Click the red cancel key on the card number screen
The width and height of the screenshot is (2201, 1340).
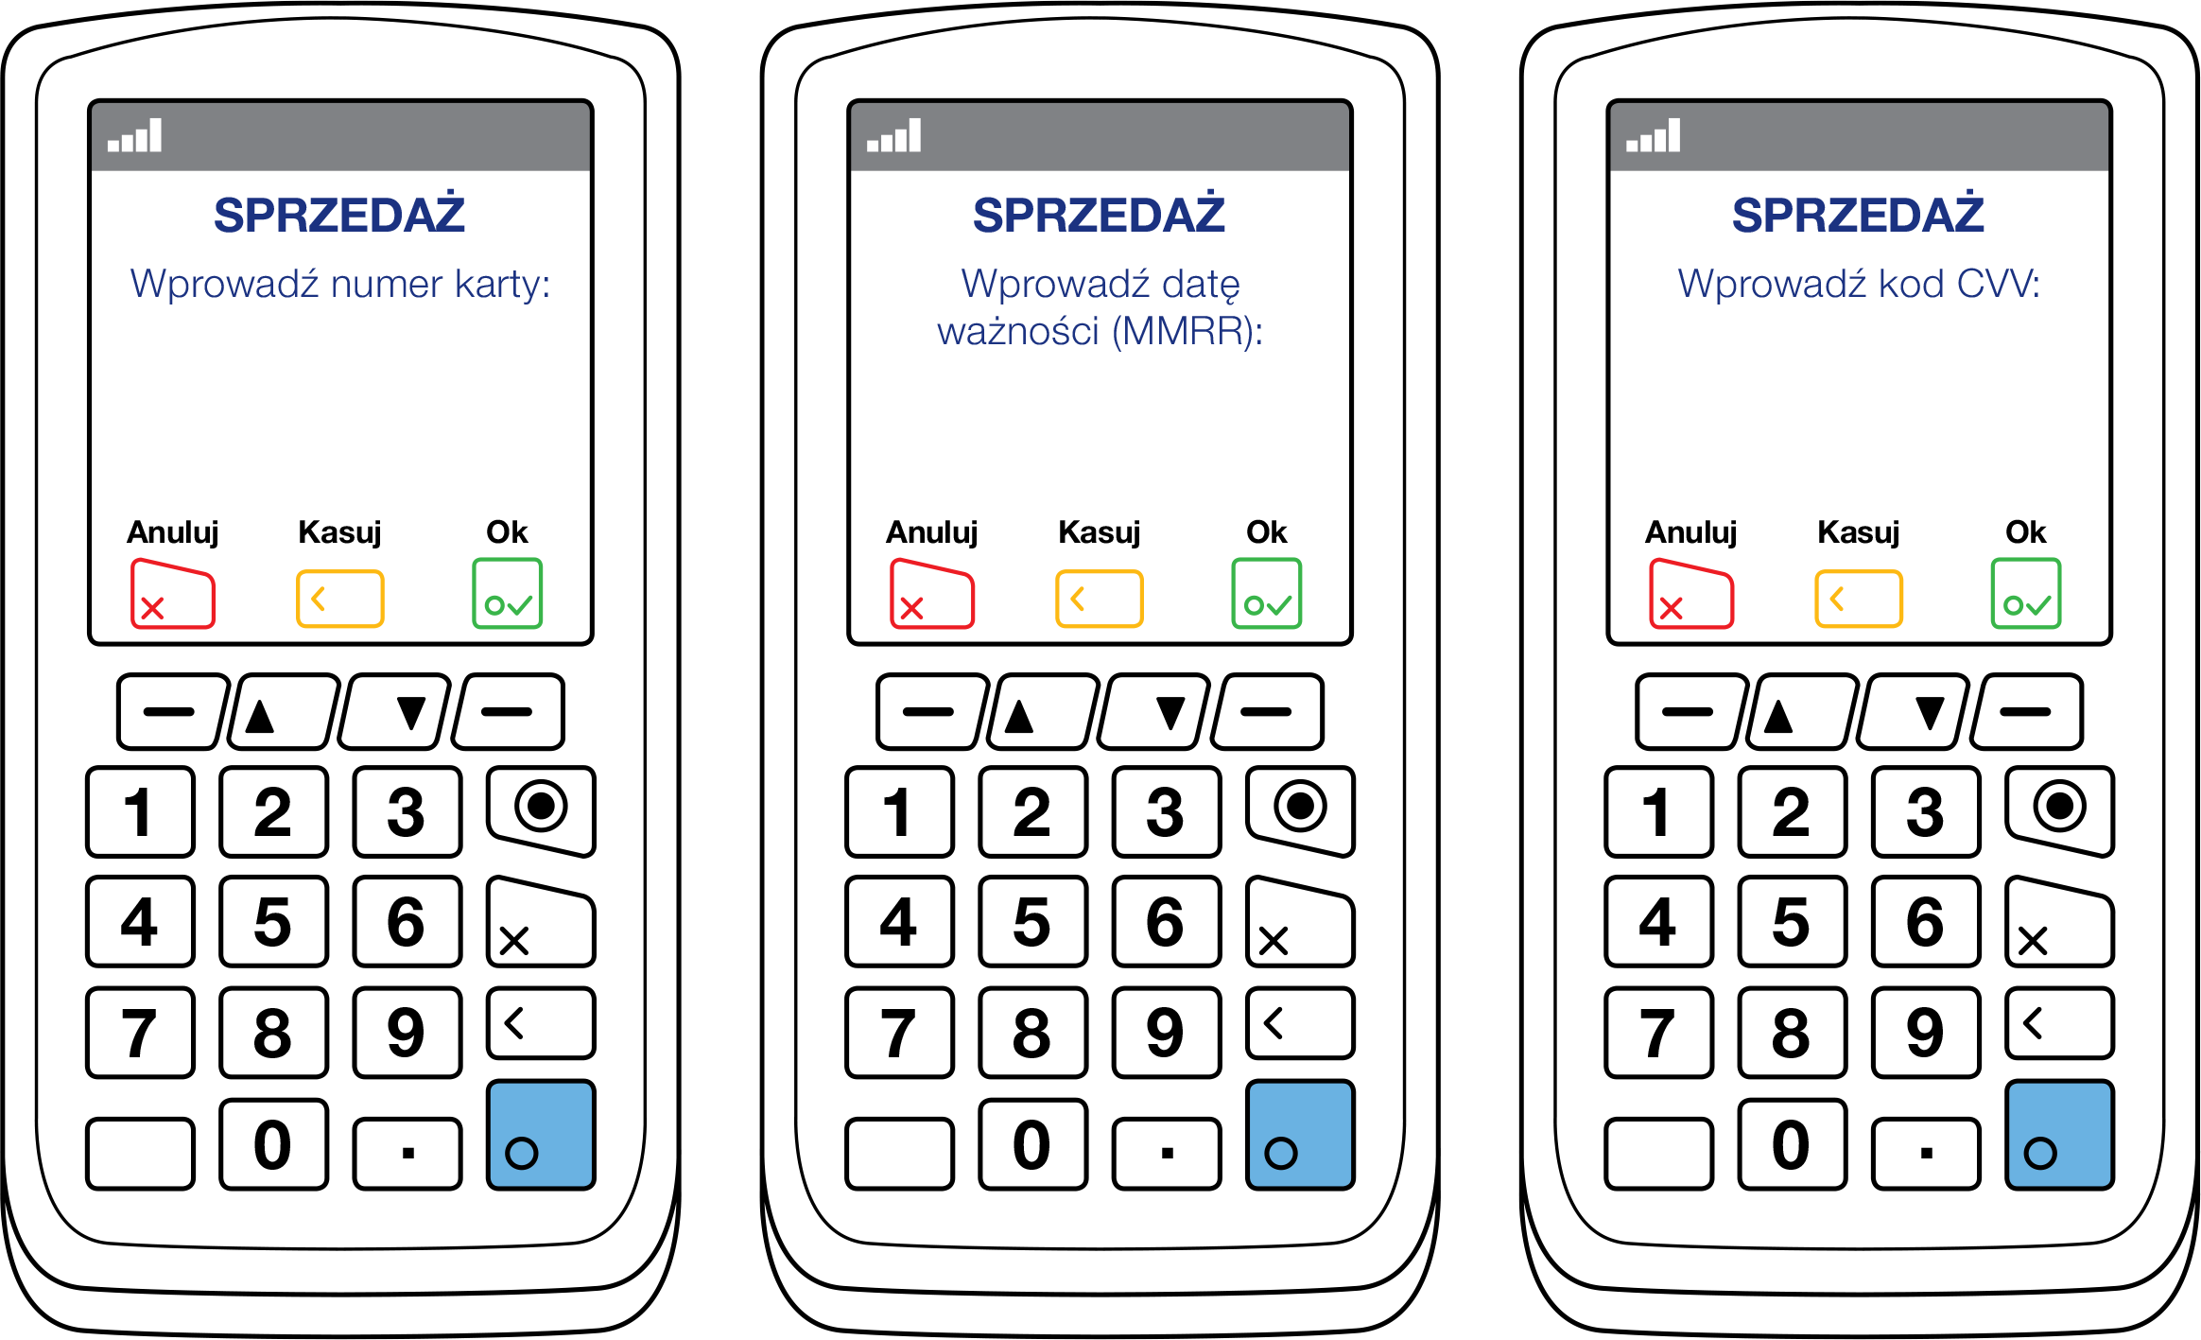(173, 594)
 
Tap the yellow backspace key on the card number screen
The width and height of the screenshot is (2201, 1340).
(340, 599)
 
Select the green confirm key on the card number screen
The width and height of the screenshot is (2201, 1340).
(508, 594)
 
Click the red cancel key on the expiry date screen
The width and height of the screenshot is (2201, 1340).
(932, 594)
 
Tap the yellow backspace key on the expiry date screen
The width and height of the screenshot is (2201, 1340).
(1100, 599)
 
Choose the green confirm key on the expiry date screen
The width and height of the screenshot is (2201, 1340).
(1267, 594)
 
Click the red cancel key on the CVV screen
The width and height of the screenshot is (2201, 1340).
(1691, 594)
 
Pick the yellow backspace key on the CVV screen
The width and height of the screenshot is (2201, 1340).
(1859, 599)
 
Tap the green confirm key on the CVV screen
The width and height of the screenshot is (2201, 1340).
(2026, 594)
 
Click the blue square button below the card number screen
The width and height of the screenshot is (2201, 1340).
(541, 1134)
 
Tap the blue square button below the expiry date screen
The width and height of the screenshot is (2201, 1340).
(1300, 1134)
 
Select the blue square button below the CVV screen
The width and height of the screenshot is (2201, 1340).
(2059, 1134)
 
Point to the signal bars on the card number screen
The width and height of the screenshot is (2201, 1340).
(134, 136)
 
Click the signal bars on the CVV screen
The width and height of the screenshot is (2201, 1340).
(1654, 136)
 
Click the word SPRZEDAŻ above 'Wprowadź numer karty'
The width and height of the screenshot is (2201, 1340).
(339, 215)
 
